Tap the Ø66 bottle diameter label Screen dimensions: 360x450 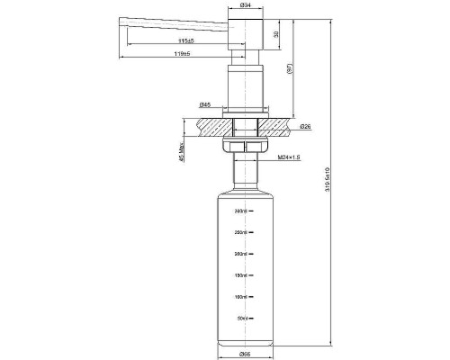[243, 355]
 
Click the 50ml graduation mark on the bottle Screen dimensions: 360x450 [242, 318]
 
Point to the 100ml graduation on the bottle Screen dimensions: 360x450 [242, 296]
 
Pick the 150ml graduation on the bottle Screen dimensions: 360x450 [242, 275]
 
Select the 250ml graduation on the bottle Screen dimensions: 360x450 [242, 233]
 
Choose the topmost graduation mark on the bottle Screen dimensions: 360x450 [242, 211]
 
